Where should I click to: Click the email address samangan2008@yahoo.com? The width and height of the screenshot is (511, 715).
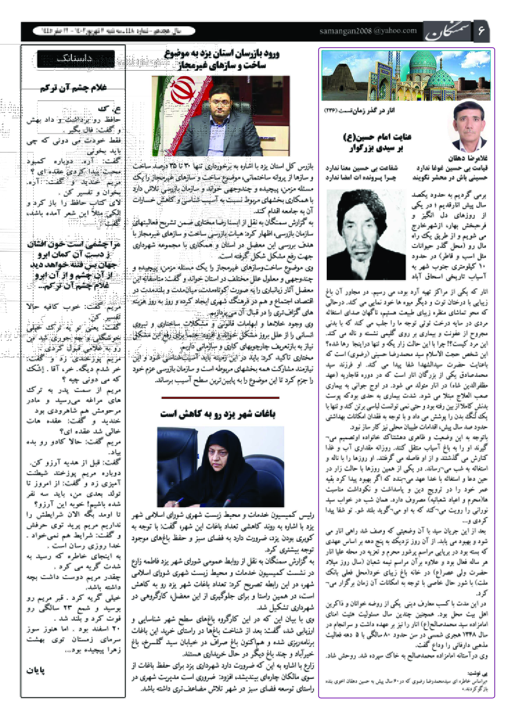368,31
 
